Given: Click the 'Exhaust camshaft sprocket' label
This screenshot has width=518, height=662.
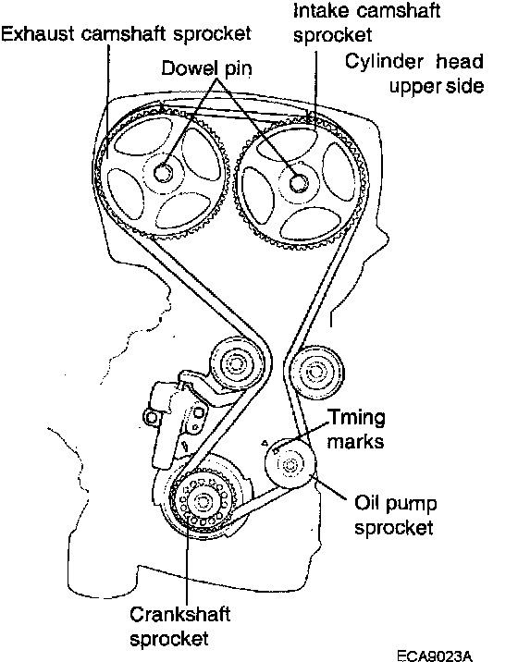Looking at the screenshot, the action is point(126,34).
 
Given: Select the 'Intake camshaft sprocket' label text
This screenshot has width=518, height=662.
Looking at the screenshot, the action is point(366,22).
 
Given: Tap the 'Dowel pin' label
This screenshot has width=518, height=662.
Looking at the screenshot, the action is point(206,68).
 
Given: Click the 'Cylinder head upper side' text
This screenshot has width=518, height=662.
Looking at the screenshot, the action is point(414,73).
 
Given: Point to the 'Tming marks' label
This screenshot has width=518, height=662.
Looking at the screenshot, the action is point(356,429).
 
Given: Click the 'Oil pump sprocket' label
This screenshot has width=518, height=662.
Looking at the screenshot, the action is point(395,516).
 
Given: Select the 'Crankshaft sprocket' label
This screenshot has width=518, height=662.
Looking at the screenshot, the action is point(180,626).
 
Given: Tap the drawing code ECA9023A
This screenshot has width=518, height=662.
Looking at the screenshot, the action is point(435,656).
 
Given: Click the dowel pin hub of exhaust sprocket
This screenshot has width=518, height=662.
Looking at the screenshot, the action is point(163,172).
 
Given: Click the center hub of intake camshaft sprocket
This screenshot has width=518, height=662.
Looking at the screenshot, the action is point(299,182).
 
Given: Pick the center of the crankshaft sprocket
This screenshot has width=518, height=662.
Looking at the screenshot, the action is point(202,502).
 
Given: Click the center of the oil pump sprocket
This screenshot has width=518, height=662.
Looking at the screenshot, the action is point(290,464).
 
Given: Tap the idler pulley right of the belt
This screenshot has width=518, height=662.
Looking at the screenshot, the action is point(316,372).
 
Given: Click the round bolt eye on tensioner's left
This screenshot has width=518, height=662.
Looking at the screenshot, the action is point(151,418).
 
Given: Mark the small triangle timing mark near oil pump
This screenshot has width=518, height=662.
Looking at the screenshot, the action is point(265,443).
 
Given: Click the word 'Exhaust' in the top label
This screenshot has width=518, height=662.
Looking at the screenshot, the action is point(38,33).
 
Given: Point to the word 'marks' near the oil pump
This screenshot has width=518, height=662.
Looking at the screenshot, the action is point(355,442).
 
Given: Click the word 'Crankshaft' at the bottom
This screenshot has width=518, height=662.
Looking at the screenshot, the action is point(180,614).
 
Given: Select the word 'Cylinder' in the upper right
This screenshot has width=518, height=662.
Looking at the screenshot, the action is point(384,62).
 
